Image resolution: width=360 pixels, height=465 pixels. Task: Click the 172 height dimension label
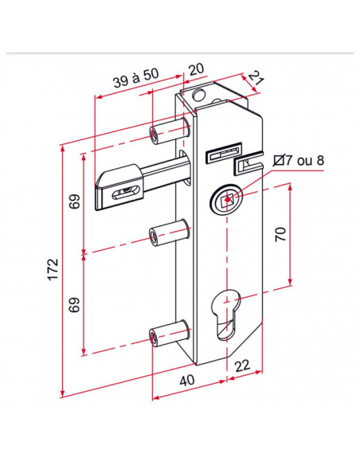[x=53, y=269]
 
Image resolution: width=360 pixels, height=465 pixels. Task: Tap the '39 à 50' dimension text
[x=136, y=78]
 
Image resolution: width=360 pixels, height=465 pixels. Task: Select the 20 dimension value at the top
[x=196, y=69]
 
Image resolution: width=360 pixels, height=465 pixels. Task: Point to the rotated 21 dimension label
[x=256, y=78]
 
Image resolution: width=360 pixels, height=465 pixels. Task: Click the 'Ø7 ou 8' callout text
[x=299, y=160]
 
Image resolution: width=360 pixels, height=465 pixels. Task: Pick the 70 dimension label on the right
[x=280, y=234]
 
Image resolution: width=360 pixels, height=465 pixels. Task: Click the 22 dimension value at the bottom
[x=243, y=366]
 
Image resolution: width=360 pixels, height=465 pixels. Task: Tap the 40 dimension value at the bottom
[x=187, y=381]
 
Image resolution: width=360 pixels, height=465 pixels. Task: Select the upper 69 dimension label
[x=75, y=201]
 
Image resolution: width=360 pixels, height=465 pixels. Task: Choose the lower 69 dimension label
[x=75, y=305]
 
